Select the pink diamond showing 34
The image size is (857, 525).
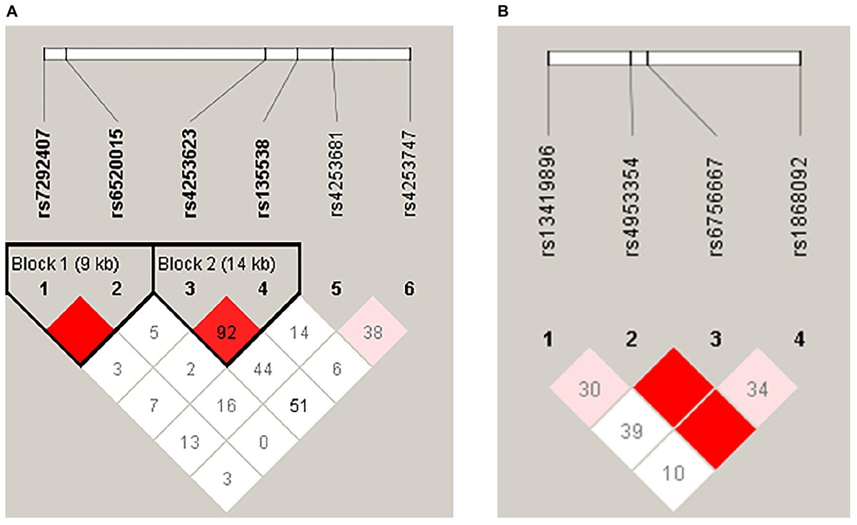click(755, 389)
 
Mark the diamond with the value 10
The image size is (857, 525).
click(672, 472)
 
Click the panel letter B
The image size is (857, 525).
click(503, 11)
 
